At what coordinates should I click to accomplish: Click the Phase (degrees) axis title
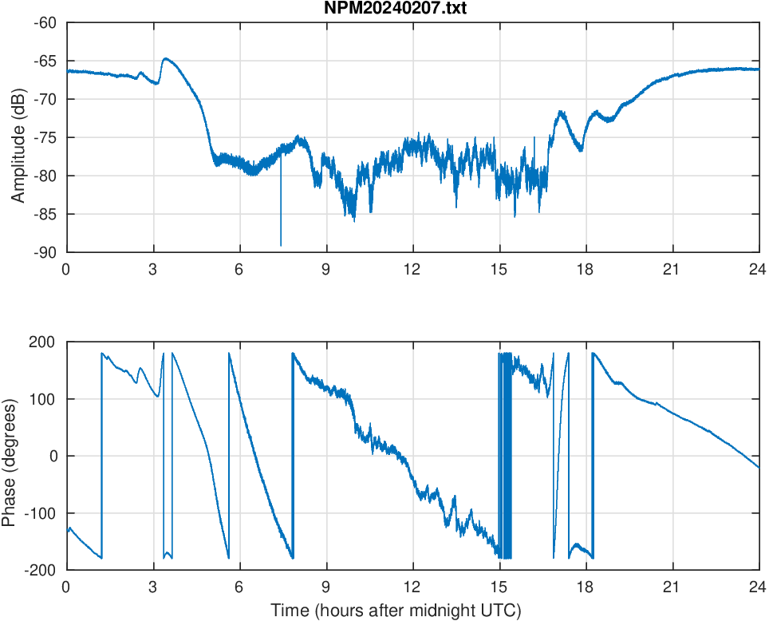(x=10, y=456)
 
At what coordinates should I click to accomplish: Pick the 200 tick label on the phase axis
(x=43, y=342)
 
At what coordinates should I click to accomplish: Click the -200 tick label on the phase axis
(x=41, y=570)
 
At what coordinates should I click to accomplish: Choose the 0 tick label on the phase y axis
(x=53, y=456)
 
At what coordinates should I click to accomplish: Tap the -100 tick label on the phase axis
(x=41, y=512)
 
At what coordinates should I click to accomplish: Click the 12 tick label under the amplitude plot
(x=412, y=269)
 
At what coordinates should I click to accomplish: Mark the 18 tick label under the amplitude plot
(x=586, y=269)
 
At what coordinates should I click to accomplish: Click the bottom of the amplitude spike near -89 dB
(x=281, y=245)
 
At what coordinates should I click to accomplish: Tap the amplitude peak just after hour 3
(x=166, y=58)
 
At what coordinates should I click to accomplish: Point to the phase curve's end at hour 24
(x=758, y=468)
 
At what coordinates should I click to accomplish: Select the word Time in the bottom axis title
(x=287, y=611)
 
